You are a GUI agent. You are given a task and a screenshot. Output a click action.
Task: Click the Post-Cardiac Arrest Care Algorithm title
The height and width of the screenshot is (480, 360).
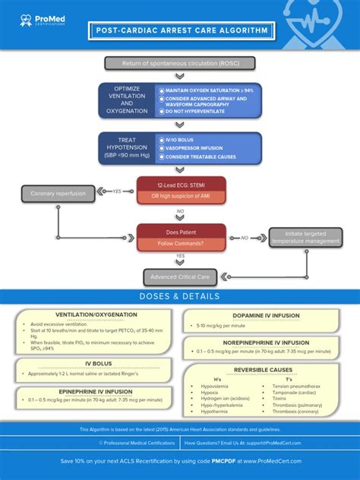(x=180, y=31)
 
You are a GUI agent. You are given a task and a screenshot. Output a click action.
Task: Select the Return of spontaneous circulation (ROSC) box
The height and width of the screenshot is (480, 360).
(x=179, y=63)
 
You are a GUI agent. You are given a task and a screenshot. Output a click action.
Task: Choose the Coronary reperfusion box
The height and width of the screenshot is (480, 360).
(x=58, y=194)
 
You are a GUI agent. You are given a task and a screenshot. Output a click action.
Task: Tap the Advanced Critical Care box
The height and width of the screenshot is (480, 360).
(x=180, y=276)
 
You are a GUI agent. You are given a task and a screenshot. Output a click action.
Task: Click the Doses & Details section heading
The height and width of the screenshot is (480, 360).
(x=180, y=296)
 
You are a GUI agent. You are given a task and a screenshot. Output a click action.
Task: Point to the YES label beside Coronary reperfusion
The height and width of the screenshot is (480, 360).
(x=117, y=191)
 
